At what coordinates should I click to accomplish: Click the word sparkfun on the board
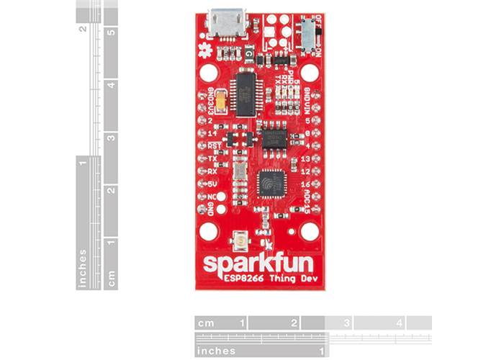click(258, 264)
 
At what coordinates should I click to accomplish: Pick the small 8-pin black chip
click(272, 137)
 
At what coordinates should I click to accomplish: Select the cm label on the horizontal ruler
click(207, 323)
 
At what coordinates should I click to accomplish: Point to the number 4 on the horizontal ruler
click(399, 323)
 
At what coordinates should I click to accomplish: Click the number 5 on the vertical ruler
click(111, 32)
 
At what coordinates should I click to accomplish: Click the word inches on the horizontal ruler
click(217, 351)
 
